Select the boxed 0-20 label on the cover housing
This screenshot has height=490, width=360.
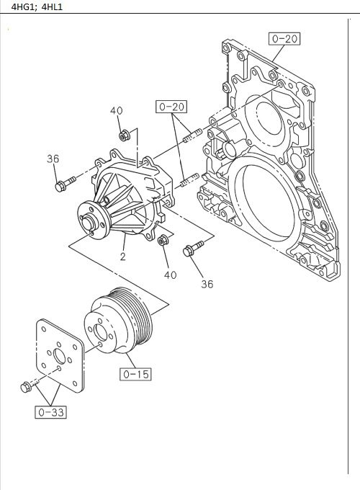pyautogui.click(x=284, y=39)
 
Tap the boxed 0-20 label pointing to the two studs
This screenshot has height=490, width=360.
pyautogui.click(x=171, y=107)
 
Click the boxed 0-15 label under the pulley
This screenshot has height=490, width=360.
pyautogui.click(x=135, y=374)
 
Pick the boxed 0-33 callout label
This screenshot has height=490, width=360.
pyautogui.click(x=49, y=412)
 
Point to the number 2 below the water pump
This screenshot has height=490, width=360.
pyautogui.click(x=123, y=257)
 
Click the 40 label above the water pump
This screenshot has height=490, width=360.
pyautogui.click(x=117, y=110)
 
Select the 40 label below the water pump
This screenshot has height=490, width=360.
pyautogui.click(x=170, y=274)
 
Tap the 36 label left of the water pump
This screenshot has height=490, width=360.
pyautogui.click(x=53, y=159)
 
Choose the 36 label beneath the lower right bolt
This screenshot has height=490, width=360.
pyautogui.click(x=207, y=284)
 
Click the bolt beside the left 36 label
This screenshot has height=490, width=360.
pyautogui.click(x=64, y=184)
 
